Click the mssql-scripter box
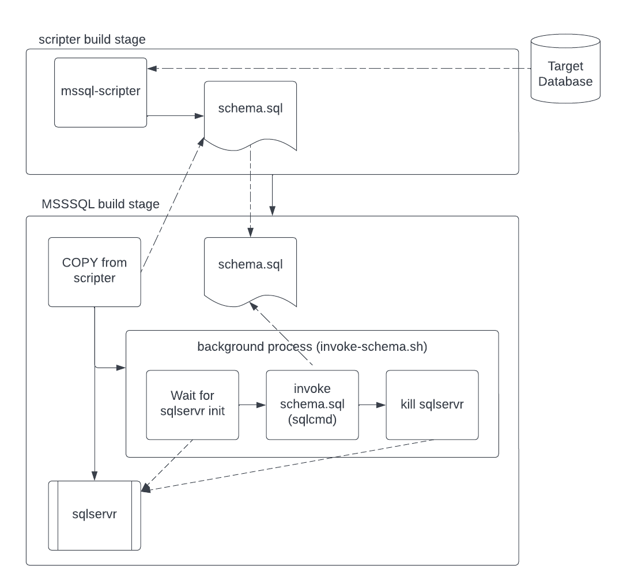(x=100, y=92)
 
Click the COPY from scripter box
(x=95, y=271)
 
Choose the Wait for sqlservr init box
(x=192, y=405)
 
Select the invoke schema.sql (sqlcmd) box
(x=312, y=405)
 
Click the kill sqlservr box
(x=432, y=405)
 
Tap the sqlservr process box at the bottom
(x=95, y=515)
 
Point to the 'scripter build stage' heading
(x=92, y=40)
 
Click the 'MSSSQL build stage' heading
(x=100, y=204)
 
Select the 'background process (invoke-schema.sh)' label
(x=312, y=347)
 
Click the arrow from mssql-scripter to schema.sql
(x=176, y=116)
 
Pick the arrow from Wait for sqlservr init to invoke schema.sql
(x=252, y=405)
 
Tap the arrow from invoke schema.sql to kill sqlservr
(x=372, y=405)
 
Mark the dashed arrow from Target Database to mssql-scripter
(x=340, y=69)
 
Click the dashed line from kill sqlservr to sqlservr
(x=288, y=466)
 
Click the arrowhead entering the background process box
(x=122, y=367)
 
